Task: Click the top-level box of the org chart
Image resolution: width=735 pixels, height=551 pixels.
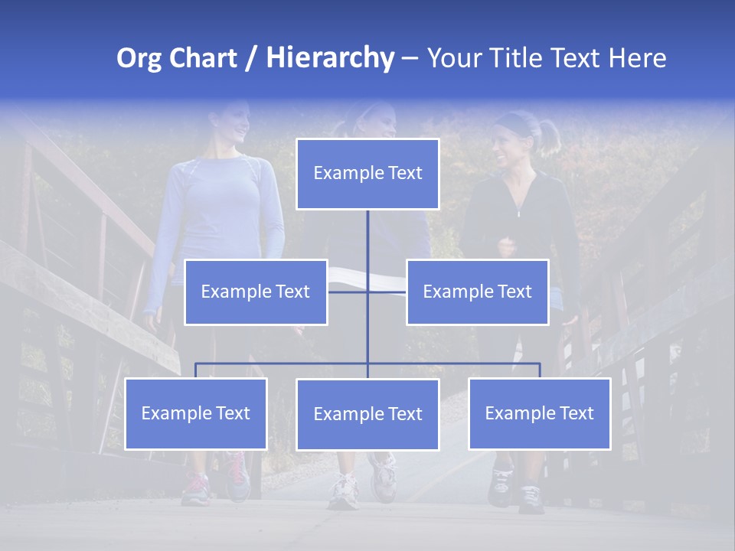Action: [x=367, y=174]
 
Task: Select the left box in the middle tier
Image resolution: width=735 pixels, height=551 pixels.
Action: [x=256, y=292]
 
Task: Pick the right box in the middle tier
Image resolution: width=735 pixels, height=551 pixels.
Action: [x=477, y=292]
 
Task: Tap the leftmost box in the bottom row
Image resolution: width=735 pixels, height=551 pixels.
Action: [x=196, y=413]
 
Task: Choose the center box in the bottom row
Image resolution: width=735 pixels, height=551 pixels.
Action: [x=367, y=414]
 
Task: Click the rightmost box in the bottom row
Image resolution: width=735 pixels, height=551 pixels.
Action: [x=540, y=413]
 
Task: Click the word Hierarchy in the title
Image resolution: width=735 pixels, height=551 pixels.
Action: [x=330, y=58]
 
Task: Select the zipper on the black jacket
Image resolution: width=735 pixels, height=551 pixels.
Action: [x=518, y=207]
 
